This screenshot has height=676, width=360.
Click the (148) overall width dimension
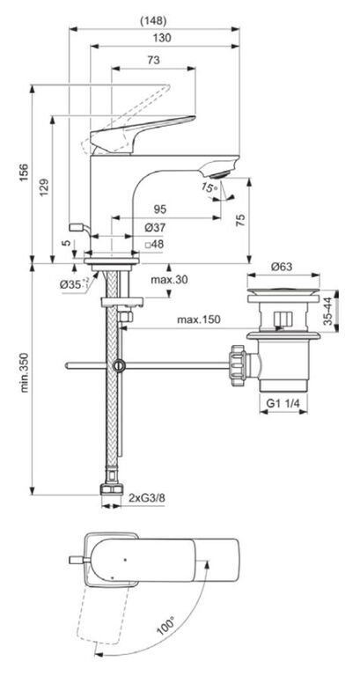tap(153, 20)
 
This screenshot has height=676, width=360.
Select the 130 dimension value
tap(162, 38)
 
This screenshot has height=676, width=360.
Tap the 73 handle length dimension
tap(153, 60)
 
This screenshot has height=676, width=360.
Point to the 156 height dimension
tap(24, 173)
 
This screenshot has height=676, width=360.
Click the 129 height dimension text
tap(45, 188)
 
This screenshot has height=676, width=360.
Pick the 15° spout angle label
tap(208, 187)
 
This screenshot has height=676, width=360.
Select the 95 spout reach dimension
tap(160, 209)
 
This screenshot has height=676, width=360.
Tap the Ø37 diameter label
tap(154, 227)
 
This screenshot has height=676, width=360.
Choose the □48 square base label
tap(154, 244)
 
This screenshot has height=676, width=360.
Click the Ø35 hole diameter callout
tap(74, 284)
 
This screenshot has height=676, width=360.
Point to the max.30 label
tap(169, 280)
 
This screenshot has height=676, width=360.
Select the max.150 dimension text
tap(198, 320)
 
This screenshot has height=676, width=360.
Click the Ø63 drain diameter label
tap(282, 267)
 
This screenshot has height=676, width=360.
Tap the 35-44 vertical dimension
tap(328, 312)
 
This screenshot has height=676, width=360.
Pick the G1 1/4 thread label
tap(283, 403)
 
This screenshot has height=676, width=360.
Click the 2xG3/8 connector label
tap(147, 498)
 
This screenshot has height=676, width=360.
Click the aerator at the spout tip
tap(219, 173)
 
